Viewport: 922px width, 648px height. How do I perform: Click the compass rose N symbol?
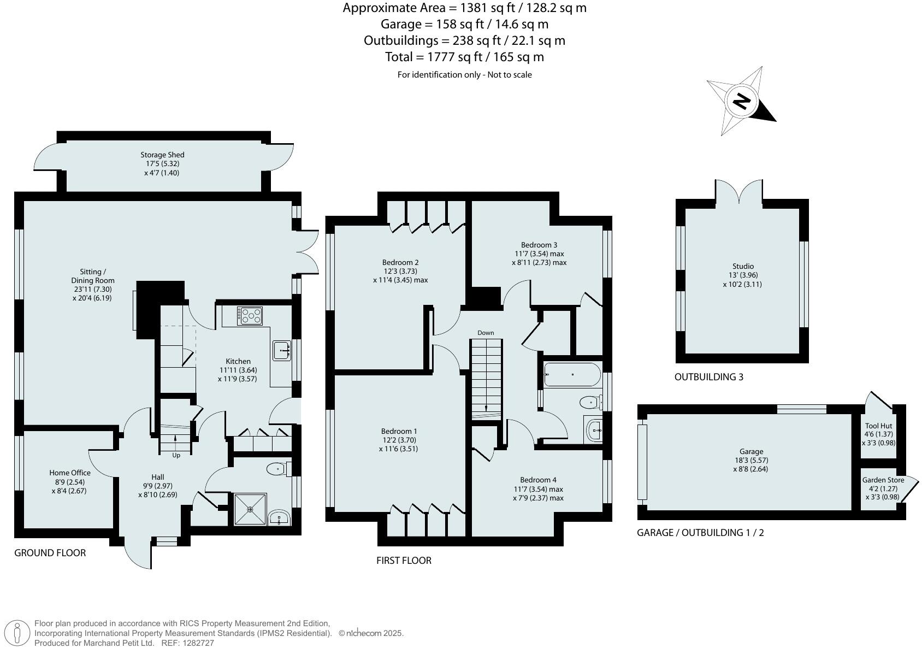tap(741, 102)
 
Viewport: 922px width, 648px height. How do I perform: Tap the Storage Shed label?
tap(162, 155)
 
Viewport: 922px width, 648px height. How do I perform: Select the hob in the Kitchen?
tap(250, 316)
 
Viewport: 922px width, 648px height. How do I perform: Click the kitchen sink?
tap(282, 350)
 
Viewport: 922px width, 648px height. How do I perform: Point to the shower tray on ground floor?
tap(250, 509)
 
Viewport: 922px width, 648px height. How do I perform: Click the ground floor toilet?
tap(276, 469)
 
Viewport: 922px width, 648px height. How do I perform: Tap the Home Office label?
tap(70, 473)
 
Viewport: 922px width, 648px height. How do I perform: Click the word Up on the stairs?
tap(176, 455)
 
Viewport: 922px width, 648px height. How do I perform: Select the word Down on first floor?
tap(486, 333)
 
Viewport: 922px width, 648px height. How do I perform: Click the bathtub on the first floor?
tap(572, 375)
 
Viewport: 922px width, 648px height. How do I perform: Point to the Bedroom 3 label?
tap(539, 245)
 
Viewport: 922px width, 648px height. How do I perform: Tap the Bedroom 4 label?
tap(538, 480)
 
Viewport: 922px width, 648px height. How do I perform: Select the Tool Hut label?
tap(878, 426)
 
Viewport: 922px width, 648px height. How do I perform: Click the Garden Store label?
tap(883, 480)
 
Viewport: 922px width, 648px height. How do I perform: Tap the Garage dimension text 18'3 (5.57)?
tap(751, 460)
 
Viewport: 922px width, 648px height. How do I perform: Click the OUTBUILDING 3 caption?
tap(708, 377)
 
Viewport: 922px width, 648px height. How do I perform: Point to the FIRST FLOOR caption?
tap(404, 560)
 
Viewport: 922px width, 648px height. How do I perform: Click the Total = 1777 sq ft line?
tap(464, 57)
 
